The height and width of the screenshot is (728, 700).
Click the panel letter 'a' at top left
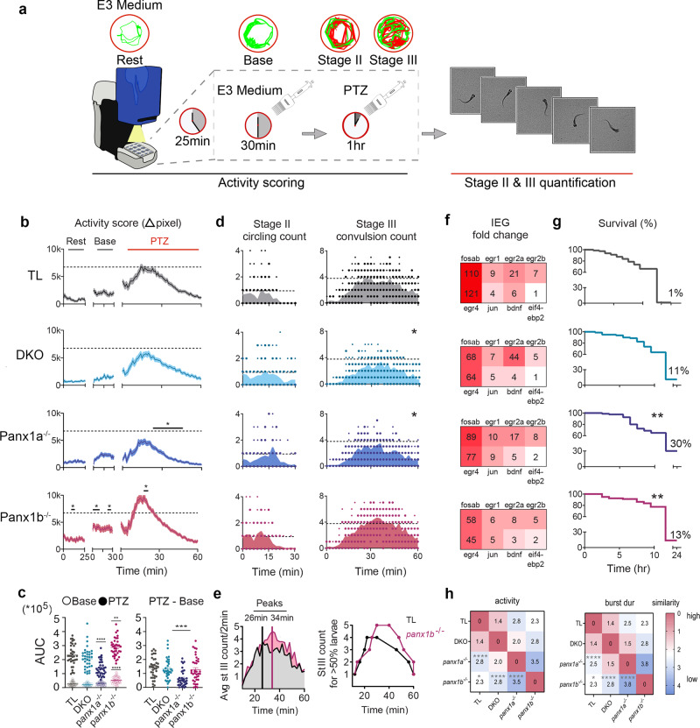pos(8,9)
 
